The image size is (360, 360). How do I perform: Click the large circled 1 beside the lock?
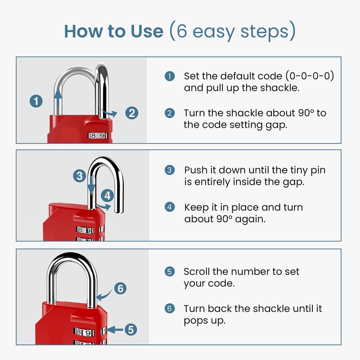click(x=36, y=101)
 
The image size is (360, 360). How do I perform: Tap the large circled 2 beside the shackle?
click(x=132, y=113)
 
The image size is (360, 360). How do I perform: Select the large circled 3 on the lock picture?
click(x=80, y=176)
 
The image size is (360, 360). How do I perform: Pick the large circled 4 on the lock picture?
click(x=108, y=196)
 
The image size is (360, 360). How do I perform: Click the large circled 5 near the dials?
click(x=131, y=330)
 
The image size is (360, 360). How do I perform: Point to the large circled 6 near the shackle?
click(x=120, y=288)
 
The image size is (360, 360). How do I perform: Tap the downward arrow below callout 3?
click(x=91, y=185)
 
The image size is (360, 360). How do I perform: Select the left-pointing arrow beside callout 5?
click(x=115, y=330)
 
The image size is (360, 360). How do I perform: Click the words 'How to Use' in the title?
click(x=114, y=31)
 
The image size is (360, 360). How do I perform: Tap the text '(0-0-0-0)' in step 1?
click(x=310, y=76)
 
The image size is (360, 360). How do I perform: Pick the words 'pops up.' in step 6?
click(x=205, y=321)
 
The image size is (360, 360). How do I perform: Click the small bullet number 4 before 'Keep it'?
click(x=170, y=207)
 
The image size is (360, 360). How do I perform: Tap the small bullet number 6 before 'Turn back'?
click(x=170, y=308)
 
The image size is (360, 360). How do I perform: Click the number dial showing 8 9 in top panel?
click(x=98, y=135)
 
